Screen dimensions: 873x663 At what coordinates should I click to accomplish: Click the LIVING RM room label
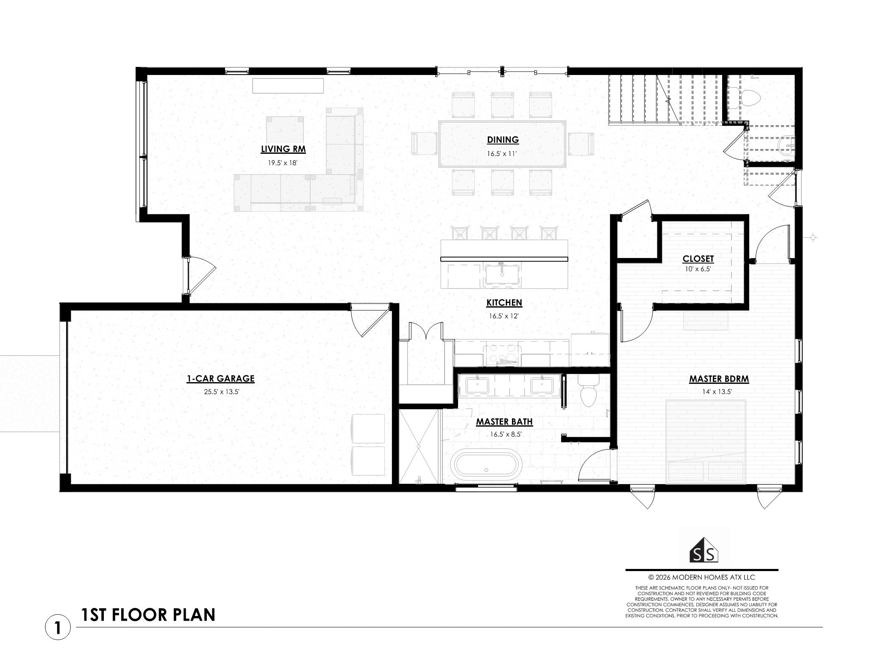click(283, 149)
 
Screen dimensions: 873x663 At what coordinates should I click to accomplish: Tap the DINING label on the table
click(503, 140)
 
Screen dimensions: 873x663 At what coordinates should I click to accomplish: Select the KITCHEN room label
click(504, 303)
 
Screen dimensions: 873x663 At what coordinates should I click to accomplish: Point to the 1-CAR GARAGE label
click(220, 379)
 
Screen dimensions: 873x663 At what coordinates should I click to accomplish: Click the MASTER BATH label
click(504, 422)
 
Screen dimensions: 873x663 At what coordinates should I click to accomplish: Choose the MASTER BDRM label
click(719, 379)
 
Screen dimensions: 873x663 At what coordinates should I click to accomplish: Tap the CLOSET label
click(698, 259)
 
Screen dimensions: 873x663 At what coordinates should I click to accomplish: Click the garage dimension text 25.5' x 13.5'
click(222, 392)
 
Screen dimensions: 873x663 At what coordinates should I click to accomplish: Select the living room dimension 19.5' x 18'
click(283, 163)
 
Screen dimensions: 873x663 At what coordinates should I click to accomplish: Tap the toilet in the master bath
click(588, 391)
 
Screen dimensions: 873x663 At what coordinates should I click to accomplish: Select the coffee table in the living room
click(285, 131)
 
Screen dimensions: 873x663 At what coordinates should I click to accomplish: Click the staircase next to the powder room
click(665, 100)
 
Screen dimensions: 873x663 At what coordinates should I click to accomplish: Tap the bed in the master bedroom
click(706, 441)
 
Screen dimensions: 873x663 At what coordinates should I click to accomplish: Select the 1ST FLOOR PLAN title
click(148, 615)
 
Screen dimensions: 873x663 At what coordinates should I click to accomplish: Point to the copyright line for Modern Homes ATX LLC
click(702, 577)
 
